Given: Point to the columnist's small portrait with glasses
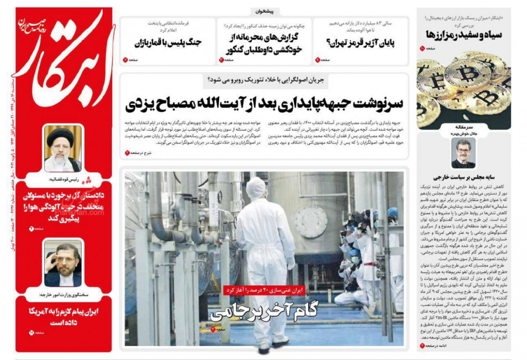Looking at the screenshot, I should click(x=462, y=153).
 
